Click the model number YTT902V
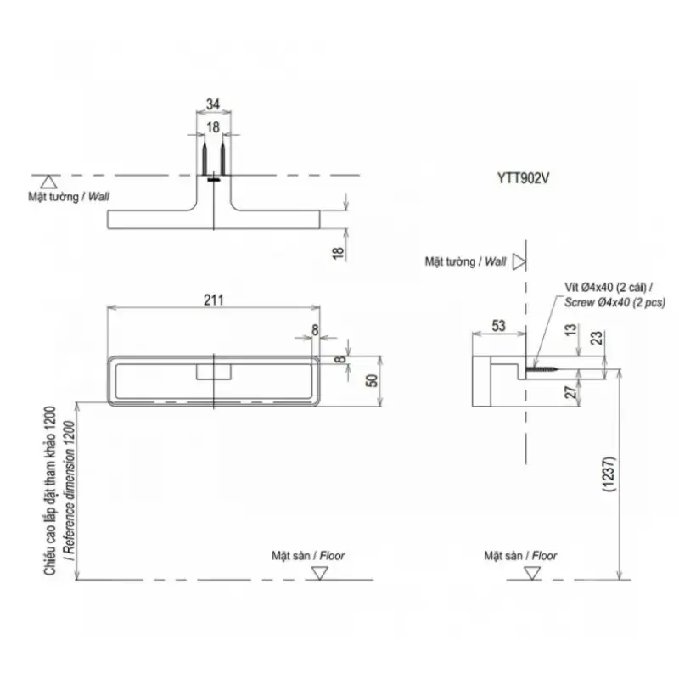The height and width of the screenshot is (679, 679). (523, 178)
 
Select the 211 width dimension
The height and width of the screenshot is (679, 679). (214, 300)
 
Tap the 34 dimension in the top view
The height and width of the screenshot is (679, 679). (213, 104)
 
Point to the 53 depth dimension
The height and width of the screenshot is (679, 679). (498, 326)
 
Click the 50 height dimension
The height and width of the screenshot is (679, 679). (372, 380)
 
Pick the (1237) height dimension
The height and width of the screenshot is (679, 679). (609, 474)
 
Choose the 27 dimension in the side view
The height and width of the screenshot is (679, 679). (571, 392)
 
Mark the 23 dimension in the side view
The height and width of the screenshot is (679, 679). (597, 338)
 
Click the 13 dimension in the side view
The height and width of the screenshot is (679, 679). (571, 330)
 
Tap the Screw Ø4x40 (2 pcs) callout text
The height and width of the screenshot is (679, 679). (614, 302)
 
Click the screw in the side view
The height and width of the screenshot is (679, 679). (542, 369)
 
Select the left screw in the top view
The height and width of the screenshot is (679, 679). (205, 157)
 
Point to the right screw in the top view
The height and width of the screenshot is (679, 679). (222, 157)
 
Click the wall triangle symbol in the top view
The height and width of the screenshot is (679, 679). (48, 182)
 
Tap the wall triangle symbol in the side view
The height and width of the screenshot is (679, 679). (519, 261)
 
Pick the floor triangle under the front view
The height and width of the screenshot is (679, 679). (320, 574)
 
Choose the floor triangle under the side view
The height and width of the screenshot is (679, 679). (532, 574)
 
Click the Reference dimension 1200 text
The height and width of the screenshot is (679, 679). (70, 491)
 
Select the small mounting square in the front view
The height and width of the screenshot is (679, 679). (214, 372)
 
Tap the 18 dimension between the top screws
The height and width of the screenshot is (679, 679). (213, 127)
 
